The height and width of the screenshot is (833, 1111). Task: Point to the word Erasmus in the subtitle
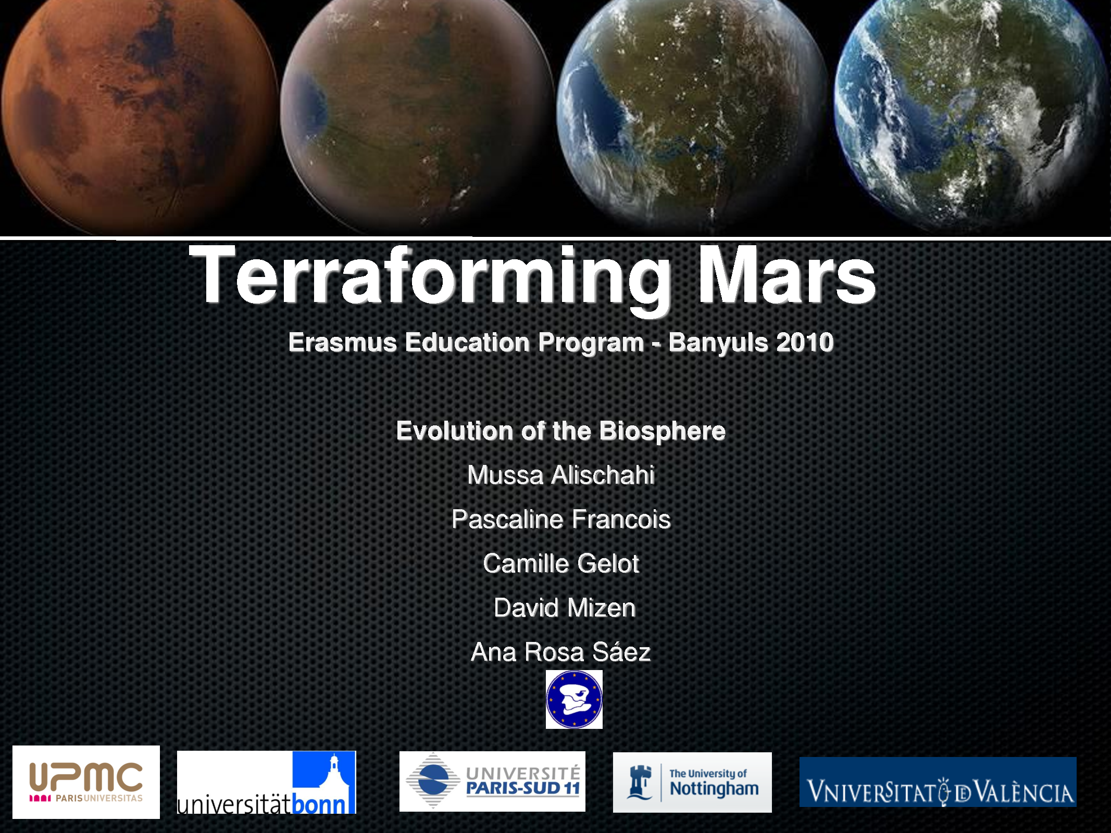[x=342, y=343]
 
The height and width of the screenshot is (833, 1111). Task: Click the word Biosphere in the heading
[x=662, y=431]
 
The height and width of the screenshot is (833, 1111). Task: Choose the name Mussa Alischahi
[x=561, y=475]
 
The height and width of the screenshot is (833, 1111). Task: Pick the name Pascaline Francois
[x=561, y=519]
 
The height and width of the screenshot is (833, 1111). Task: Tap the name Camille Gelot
[x=561, y=563]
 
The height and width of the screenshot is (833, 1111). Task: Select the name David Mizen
[x=565, y=608]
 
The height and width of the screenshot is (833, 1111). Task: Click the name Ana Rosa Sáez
[x=561, y=652]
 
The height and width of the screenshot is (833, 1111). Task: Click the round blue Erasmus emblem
[x=574, y=699]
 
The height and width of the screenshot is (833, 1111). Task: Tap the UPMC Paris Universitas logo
[x=86, y=782]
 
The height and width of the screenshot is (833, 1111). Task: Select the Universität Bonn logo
[x=266, y=782]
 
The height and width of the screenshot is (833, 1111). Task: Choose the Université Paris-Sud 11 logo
[x=492, y=781]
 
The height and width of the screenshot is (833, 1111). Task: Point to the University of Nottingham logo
[x=692, y=782]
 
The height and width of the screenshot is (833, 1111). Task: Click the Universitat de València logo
[x=938, y=782]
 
